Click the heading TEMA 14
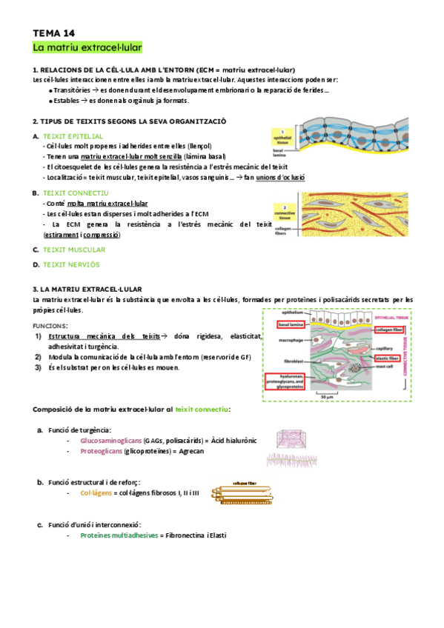click(54, 33)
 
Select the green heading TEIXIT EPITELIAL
click(73, 136)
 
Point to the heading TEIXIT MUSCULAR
click(73, 250)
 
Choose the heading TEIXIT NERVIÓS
click(71, 264)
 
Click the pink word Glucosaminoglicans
click(112, 440)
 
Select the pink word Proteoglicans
click(102, 451)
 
